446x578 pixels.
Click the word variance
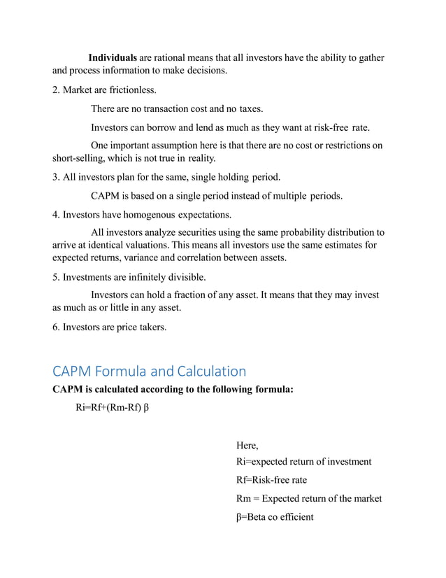coord(146,258)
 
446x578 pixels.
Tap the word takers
coord(151,325)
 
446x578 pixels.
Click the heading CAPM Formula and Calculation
coord(150,371)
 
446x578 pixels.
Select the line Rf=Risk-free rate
coord(271,480)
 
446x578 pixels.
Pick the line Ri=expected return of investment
coord(304,462)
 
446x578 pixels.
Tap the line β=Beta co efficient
coord(275,517)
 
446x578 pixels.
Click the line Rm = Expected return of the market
coord(309,499)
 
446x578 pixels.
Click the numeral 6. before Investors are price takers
coord(57,325)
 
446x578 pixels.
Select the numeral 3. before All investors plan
coord(57,176)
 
